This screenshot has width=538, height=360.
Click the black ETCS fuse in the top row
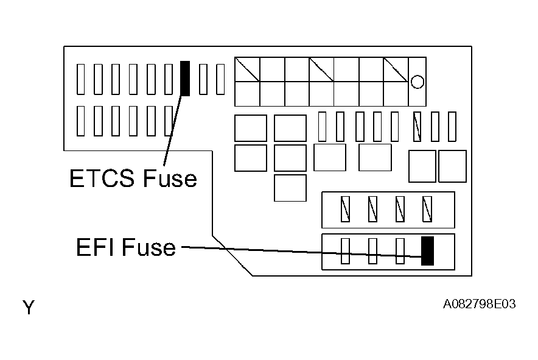pyautogui.click(x=186, y=78)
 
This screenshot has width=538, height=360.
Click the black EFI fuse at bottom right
pyautogui.click(x=427, y=251)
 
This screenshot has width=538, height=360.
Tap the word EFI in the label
pyautogui.click(x=96, y=247)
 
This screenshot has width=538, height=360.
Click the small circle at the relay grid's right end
pyautogui.click(x=417, y=81)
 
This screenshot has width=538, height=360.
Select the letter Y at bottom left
pyautogui.click(x=29, y=308)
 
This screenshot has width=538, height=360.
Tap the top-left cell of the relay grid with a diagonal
pyautogui.click(x=247, y=69)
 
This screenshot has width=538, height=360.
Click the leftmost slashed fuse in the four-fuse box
pyautogui.click(x=345, y=209)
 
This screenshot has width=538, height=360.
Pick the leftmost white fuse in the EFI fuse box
pyautogui.click(x=345, y=251)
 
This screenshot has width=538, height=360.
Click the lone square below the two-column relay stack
pyautogui.click(x=290, y=188)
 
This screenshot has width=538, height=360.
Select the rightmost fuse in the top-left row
pyautogui.click(x=220, y=79)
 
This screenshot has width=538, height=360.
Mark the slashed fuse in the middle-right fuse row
pyautogui.click(x=417, y=127)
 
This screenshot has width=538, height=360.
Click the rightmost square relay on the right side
pyautogui.click(x=452, y=166)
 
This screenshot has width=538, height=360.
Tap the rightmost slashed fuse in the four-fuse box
pyautogui.click(x=427, y=209)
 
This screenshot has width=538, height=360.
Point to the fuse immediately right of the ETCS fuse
pyautogui.click(x=203, y=79)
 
